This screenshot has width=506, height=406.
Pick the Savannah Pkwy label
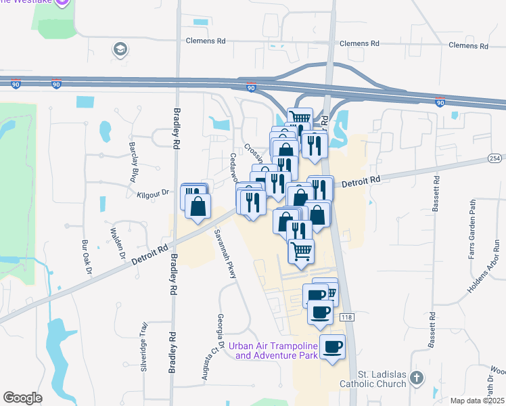225,254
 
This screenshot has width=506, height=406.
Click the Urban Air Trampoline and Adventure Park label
273,350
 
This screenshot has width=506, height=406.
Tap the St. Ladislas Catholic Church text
382,378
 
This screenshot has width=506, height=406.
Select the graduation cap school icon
120,49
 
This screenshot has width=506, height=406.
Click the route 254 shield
496,158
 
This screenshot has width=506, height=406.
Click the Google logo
22,398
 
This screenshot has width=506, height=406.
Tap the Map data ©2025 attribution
478,401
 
